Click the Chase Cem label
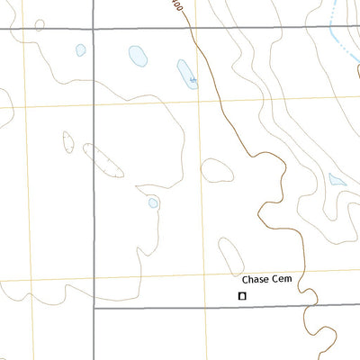point(268,281)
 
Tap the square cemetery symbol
point(241,295)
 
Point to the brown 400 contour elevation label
point(177,6)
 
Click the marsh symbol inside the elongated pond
point(192,80)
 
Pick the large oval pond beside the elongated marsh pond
point(137,57)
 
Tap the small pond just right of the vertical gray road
point(80,50)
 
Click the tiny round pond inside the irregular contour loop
point(153,203)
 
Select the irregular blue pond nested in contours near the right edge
point(336,179)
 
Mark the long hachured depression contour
point(103,160)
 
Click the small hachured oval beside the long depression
point(68,141)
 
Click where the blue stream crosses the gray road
point(329,29)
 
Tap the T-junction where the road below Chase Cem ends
point(94,308)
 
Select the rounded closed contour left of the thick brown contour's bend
point(217,170)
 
